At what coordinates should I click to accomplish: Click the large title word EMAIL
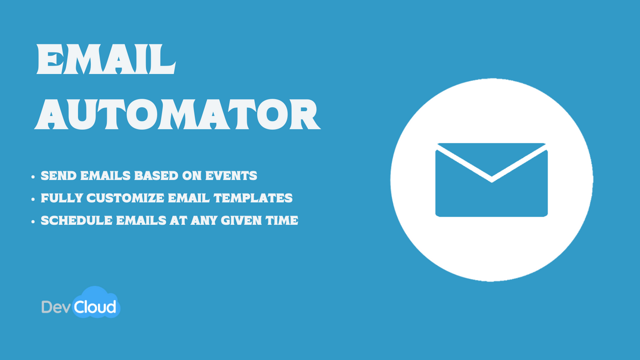(105, 59)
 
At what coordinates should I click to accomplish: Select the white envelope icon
(491, 180)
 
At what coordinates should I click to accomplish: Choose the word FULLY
(61, 198)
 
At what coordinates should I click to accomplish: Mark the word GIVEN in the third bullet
(245, 220)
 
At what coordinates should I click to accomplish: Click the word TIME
(284, 220)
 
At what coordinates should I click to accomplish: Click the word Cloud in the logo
(95, 306)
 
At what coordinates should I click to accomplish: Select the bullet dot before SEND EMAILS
(33, 176)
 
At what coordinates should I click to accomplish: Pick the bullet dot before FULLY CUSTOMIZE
(33, 199)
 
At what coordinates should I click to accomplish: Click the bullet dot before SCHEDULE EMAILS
(33, 221)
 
